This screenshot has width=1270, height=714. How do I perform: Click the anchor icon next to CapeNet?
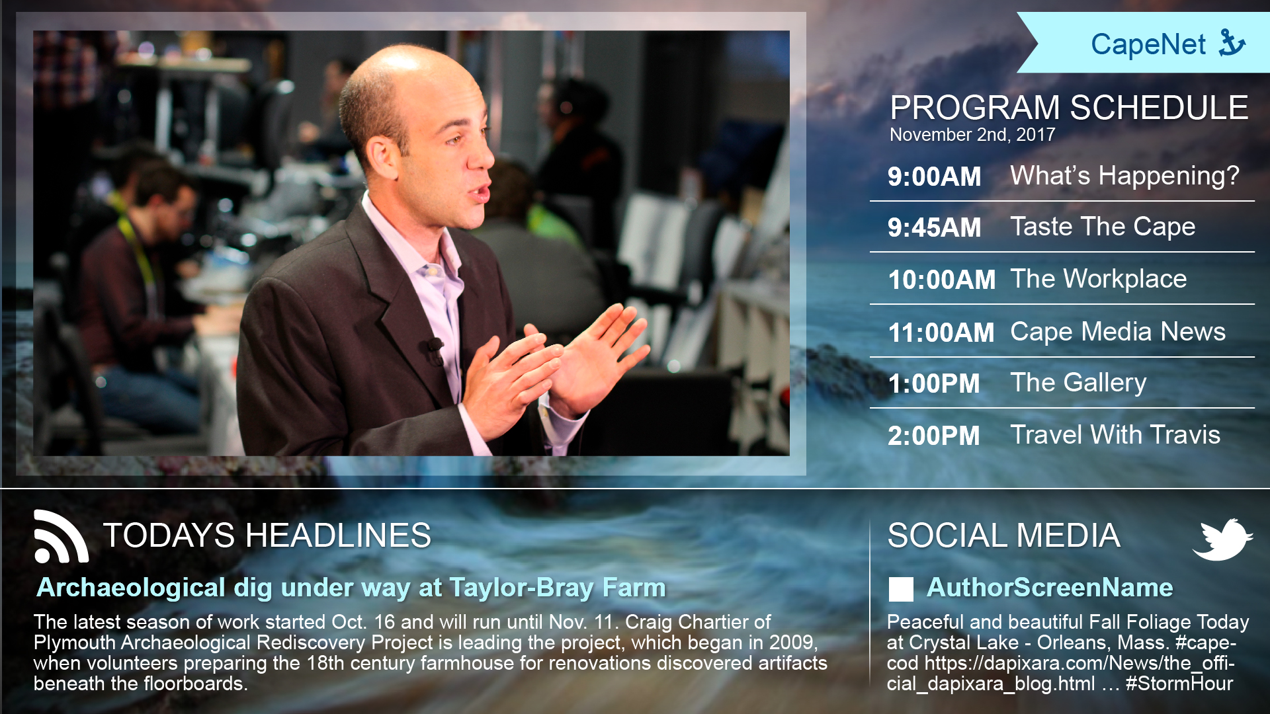pyautogui.click(x=1232, y=43)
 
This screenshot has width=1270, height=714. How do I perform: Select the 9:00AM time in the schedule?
pyautogui.click(x=934, y=177)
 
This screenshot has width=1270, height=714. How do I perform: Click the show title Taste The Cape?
pyautogui.click(x=1103, y=227)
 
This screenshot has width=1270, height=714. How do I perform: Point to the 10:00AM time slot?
pyautogui.click(x=941, y=280)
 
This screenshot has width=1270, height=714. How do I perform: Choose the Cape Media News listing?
pyautogui.click(x=1118, y=332)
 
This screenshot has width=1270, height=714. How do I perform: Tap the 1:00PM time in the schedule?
pyautogui.click(x=933, y=383)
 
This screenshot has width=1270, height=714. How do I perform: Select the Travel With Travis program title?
pyautogui.click(x=1115, y=435)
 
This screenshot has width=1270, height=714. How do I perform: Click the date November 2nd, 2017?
pyautogui.click(x=972, y=135)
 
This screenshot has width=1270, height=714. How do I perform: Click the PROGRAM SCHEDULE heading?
pyautogui.click(x=1069, y=107)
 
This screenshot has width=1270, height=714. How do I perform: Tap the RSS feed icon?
pyautogui.click(x=60, y=536)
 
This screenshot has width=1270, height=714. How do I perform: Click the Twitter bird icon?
pyautogui.click(x=1222, y=539)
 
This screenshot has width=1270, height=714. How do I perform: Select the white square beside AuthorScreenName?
pyautogui.click(x=901, y=588)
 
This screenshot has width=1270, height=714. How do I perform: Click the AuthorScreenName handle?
pyautogui.click(x=1050, y=587)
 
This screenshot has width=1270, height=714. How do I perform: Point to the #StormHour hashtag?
pyautogui.click(x=1179, y=684)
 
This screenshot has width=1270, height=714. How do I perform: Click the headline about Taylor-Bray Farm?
pyautogui.click(x=351, y=588)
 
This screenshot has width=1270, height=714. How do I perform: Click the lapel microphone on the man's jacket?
pyautogui.click(x=435, y=349)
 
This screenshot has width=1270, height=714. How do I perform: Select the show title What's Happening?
pyautogui.click(x=1124, y=176)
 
